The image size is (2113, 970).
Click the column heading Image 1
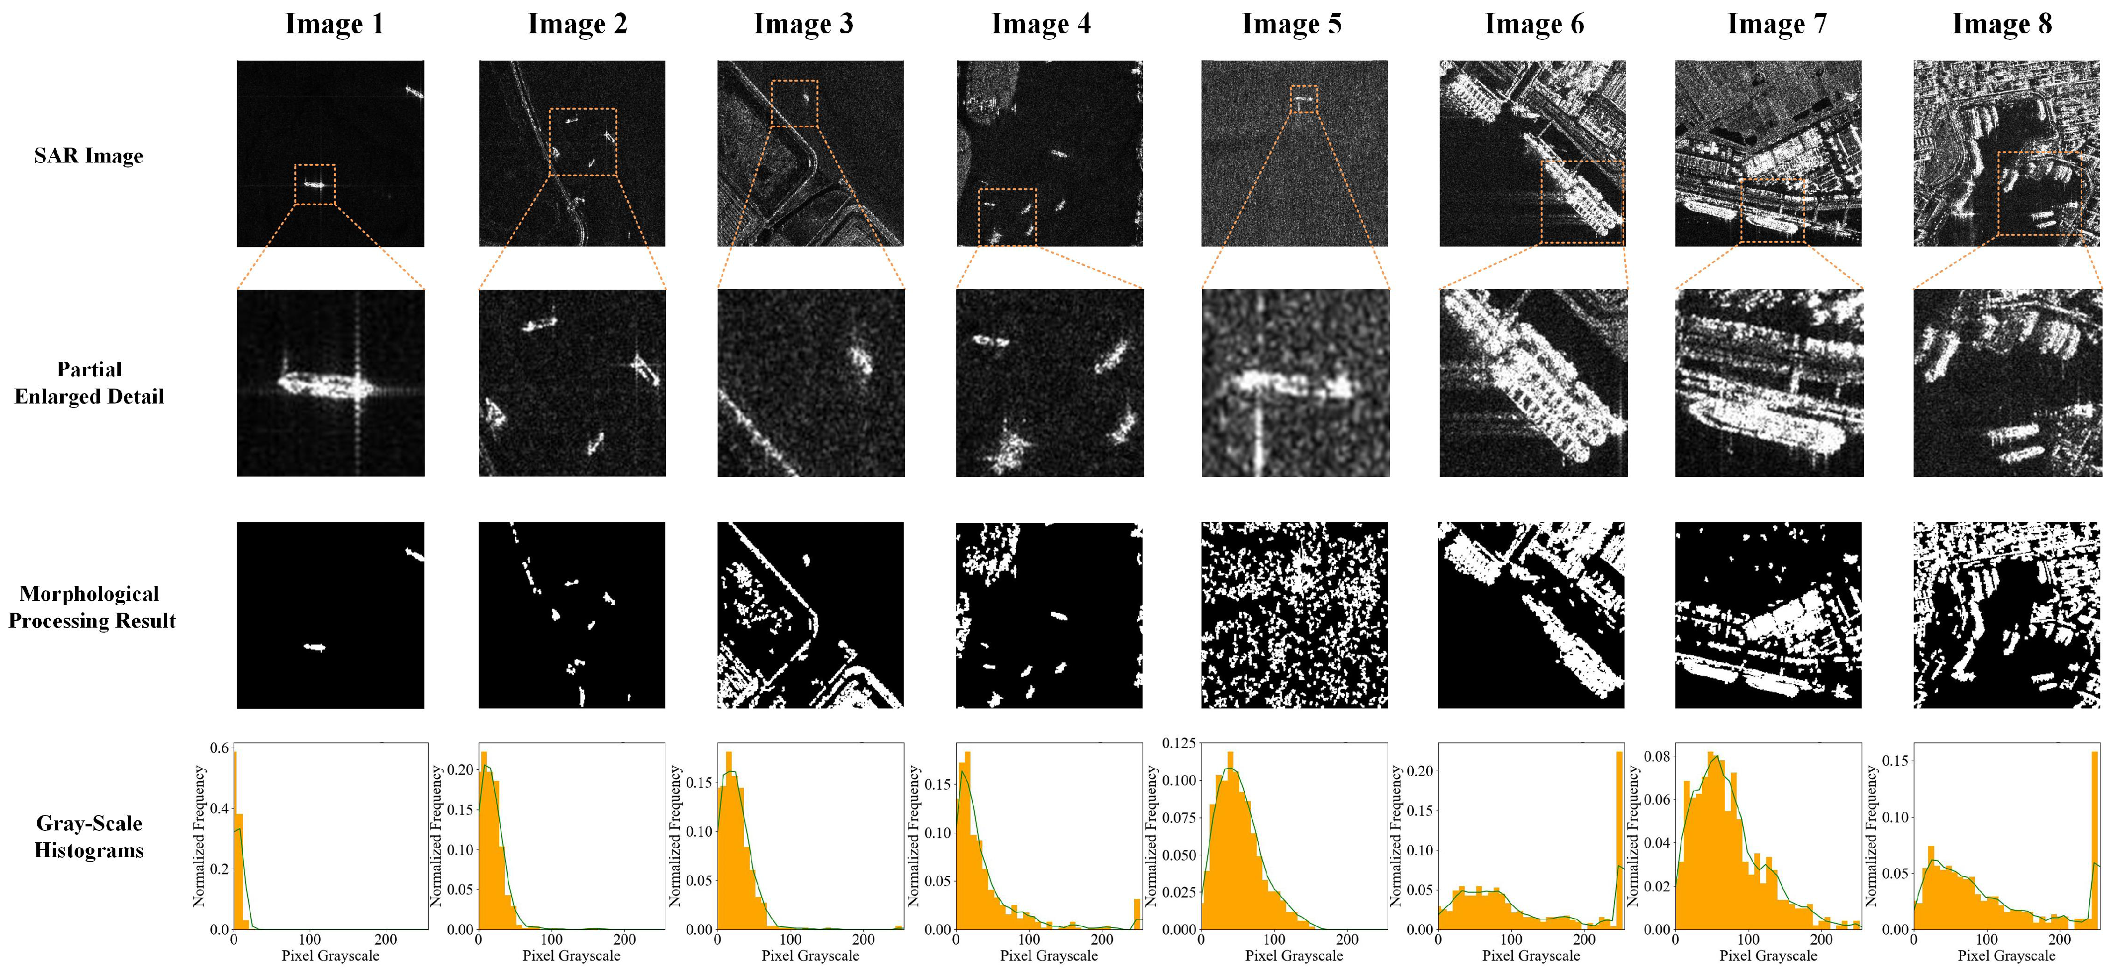pos(334,24)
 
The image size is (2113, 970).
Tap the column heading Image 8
pos(2002,24)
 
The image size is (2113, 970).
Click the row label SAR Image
pos(89,156)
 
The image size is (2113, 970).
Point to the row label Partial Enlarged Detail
pos(89,383)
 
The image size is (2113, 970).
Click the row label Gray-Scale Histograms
pos(89,836)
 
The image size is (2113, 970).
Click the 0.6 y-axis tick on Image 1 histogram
pos(219,748)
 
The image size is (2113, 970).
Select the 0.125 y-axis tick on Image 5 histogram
pos(1178,743)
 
